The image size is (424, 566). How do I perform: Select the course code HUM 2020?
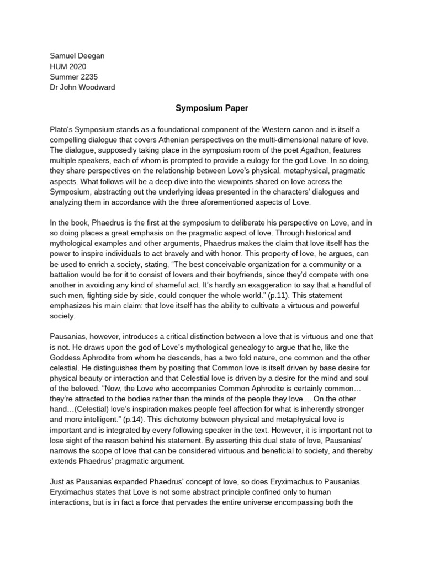click(x=68, y=66)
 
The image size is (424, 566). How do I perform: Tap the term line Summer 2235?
click(x=73, y=77)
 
